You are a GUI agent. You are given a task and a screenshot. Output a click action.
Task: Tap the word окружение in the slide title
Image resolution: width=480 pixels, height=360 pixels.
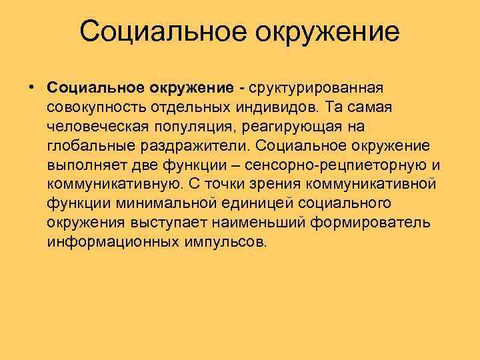coord(323,31)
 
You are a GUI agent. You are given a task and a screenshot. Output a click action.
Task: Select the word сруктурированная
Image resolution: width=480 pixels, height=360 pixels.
coord(317,88)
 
